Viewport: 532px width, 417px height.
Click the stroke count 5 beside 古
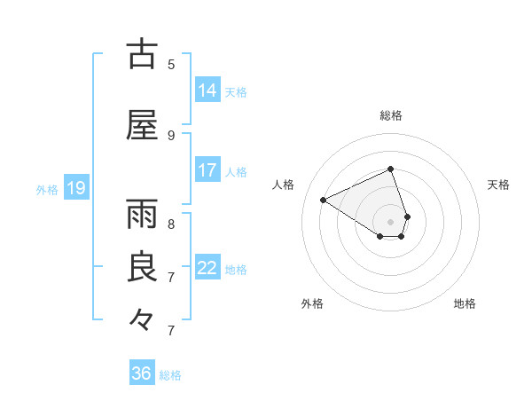[x=171, y=64]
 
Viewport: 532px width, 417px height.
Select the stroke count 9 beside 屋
[x=171, y=135]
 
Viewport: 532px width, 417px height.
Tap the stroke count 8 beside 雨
[x=171, y=224]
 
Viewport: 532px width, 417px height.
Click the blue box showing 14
[x=207, y=90]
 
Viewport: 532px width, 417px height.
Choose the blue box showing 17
[x=207, y=170]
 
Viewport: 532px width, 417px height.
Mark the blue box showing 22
[x=207, y=268]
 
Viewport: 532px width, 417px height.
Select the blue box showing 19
[x=75, y=188]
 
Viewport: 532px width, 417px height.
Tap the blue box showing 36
[x=142, y=374]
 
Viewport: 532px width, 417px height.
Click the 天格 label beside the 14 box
[x=236, y=92]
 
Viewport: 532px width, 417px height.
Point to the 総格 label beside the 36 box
[x=170, y=375]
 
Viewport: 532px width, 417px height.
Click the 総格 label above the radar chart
[x=391, y=115]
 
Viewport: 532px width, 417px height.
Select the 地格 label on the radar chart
[x=465, y=303]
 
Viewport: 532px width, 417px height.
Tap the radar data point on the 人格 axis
[x=324, y=200]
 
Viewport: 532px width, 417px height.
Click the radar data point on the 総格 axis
[x=391, y=169]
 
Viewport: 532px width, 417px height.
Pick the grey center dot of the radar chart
[x=391, y=221]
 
